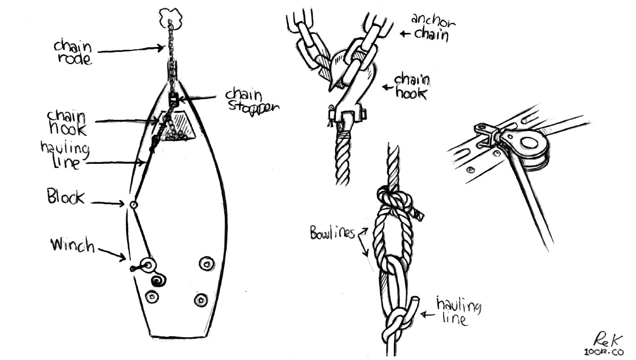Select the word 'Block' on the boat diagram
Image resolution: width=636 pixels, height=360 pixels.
[x=66, y=198]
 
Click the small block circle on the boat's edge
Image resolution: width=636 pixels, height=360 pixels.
[x=134, y=205]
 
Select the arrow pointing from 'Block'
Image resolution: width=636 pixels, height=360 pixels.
[x=108, y=203]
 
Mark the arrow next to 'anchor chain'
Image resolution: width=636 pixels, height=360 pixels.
[x=406, y=34]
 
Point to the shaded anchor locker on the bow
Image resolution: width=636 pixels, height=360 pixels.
[x=180, y=126]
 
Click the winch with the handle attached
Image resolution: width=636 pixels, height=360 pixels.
[x=147, y=264]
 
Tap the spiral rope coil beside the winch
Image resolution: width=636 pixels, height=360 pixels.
[x=157, y=279]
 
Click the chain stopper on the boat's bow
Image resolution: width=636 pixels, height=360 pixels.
[x=173, y=99]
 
